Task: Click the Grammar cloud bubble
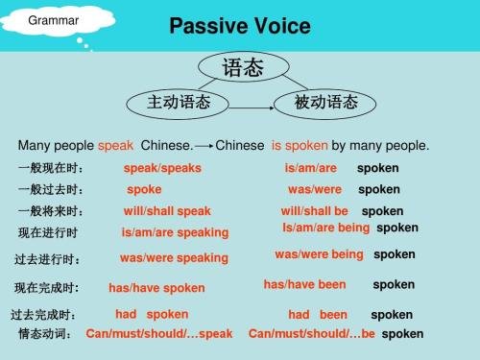47,20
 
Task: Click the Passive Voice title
239,25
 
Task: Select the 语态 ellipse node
241,67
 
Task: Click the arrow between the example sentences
204,146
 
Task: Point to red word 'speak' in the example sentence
115,146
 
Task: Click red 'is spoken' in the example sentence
300,146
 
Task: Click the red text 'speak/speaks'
162,168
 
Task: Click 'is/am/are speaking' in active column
175,232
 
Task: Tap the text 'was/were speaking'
174,257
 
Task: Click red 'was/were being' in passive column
319,254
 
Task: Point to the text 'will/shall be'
314,211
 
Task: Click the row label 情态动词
45,334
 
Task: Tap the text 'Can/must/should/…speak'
159,334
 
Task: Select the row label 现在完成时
46,287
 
